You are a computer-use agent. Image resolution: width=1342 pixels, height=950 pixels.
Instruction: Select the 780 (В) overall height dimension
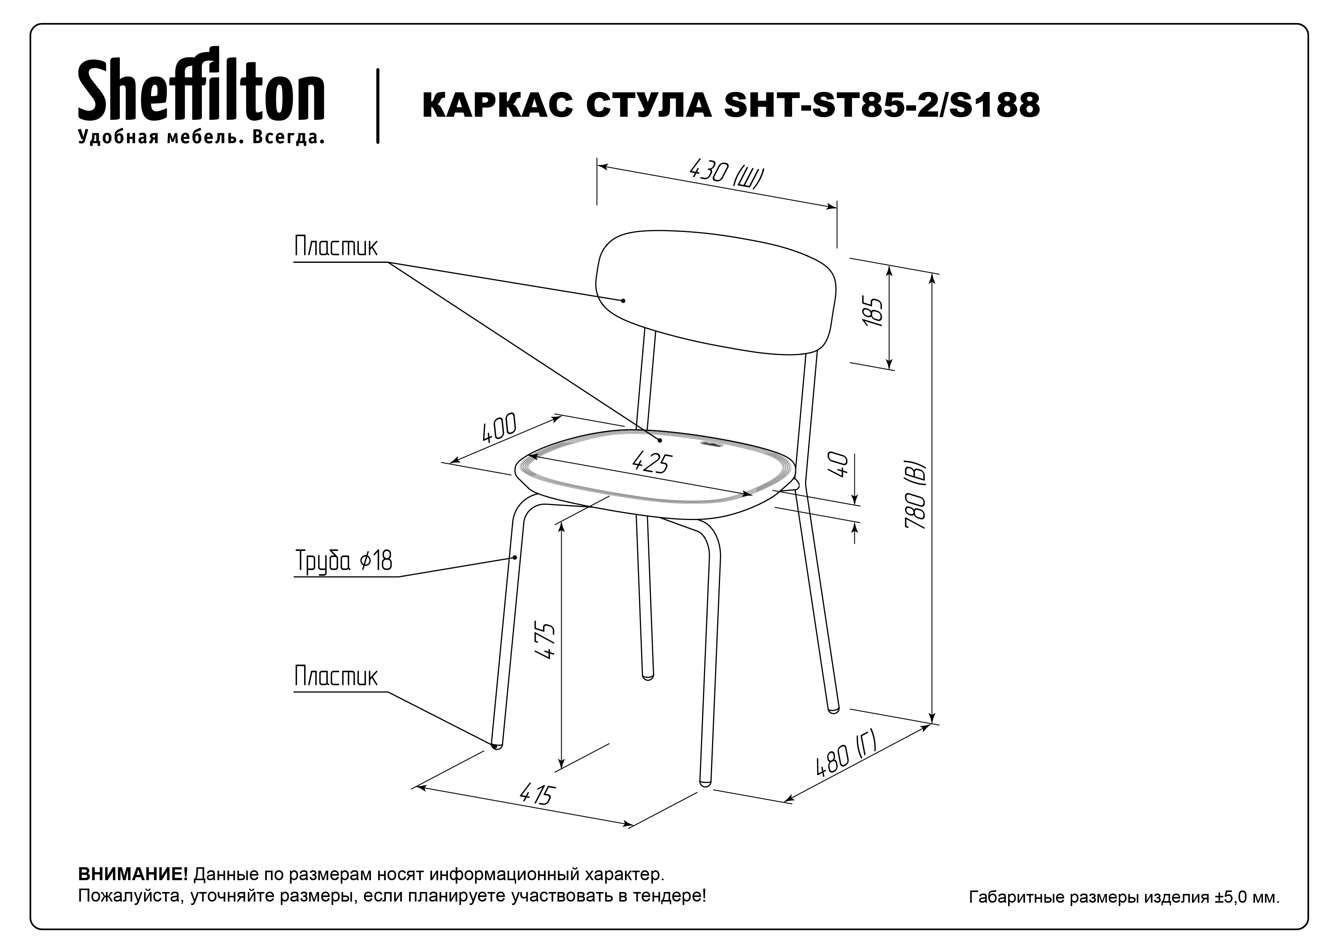click(x=915, y=496)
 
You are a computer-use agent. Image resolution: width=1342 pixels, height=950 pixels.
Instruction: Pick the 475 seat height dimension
click(x=545, y=641)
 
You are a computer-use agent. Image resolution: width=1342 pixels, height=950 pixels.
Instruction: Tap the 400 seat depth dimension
click(x=499, y=428)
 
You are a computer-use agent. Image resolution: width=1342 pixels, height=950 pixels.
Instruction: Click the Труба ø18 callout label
click(x=344, y=560)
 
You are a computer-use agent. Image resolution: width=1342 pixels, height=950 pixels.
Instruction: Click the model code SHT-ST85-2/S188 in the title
click(x=882, y=106)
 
